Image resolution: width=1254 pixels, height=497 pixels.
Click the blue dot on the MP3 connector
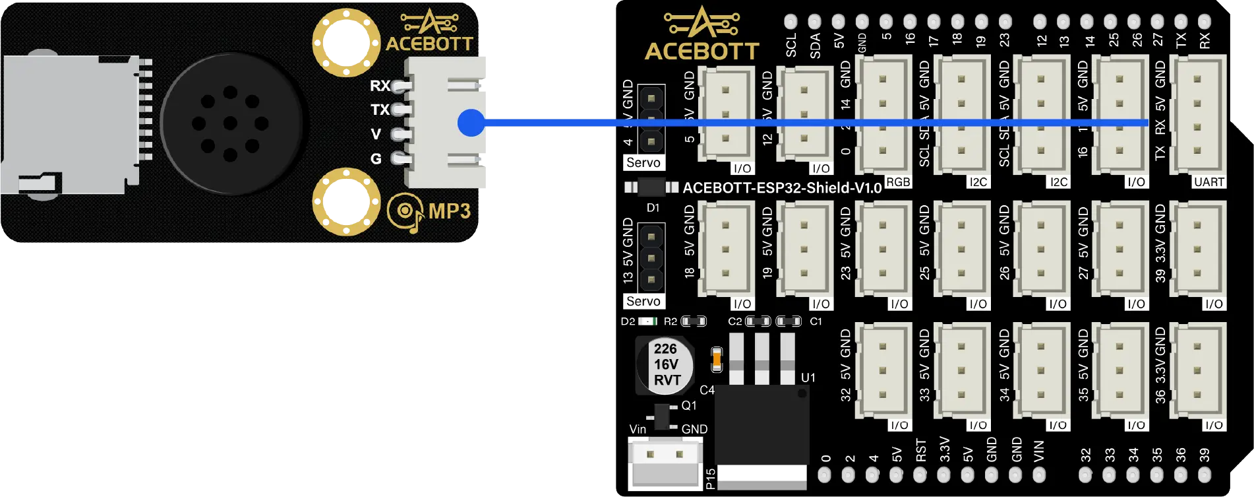click(x=471, y=122)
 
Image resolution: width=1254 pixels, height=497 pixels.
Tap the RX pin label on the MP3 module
click(x=380, y=86)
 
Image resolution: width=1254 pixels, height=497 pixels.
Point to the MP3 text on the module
click(x=449, y=211)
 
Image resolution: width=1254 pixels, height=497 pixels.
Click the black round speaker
click(x=231, y=123)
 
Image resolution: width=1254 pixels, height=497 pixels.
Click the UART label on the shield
click(x=1209, y=182)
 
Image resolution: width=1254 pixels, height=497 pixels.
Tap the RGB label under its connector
click(x=897, y=182)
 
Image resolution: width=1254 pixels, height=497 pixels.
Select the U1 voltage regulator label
click(x=808, y=378)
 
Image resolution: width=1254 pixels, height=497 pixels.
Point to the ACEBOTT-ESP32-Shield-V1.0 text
click(x=782, y=188)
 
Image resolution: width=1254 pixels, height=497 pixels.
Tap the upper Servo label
click(x=643, y=162)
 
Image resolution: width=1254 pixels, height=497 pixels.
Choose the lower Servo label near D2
click(x=643, y=301)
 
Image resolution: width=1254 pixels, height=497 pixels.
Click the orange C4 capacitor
click(x=717, y=360)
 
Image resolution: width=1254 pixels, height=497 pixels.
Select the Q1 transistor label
click(x=689, y=405)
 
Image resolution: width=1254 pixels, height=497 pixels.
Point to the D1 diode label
click(x=653, y=208)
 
